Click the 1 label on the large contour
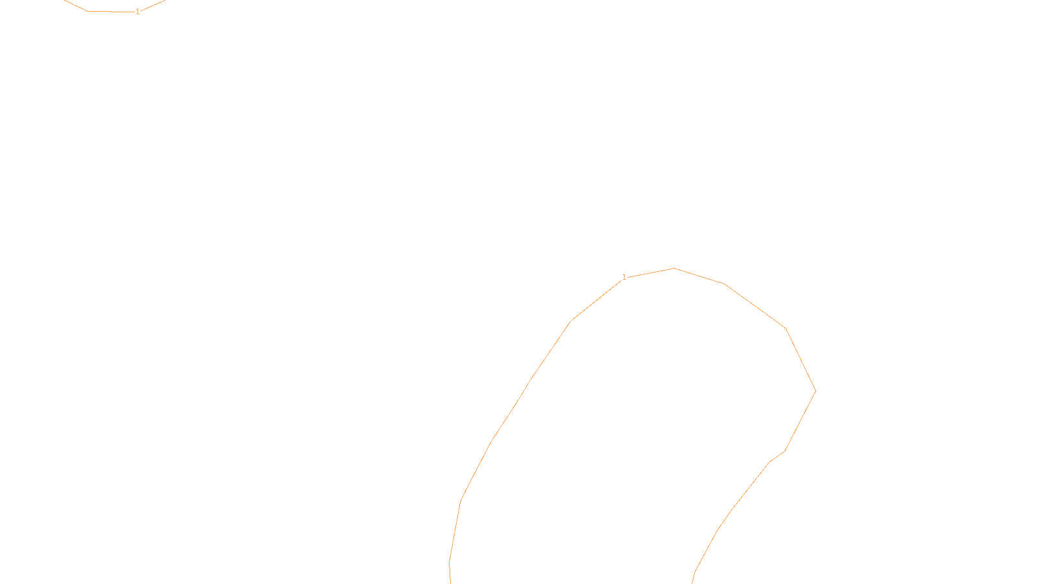pos(624,277)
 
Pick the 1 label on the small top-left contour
pos(138,12)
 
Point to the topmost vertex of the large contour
pos(674,268)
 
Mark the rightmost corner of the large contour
pos(815,391)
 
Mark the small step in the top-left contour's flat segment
pos(111,11)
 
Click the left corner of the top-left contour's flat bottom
pos(88,11)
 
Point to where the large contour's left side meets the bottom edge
pos(451,583)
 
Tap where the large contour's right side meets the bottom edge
pos(692,583)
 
